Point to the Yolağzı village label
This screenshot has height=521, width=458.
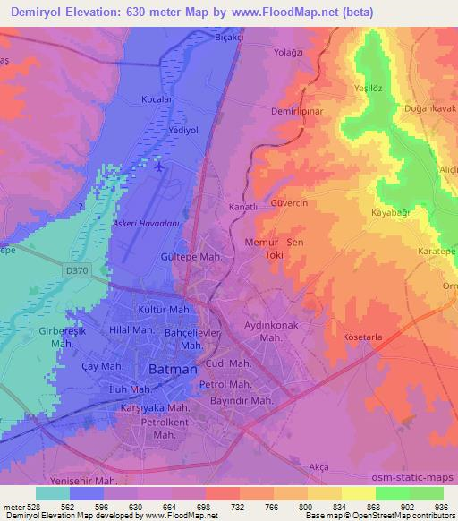[x=291, y=53]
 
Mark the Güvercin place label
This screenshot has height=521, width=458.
[x=289, y=204]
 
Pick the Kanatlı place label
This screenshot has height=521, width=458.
[x=242, y=207]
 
